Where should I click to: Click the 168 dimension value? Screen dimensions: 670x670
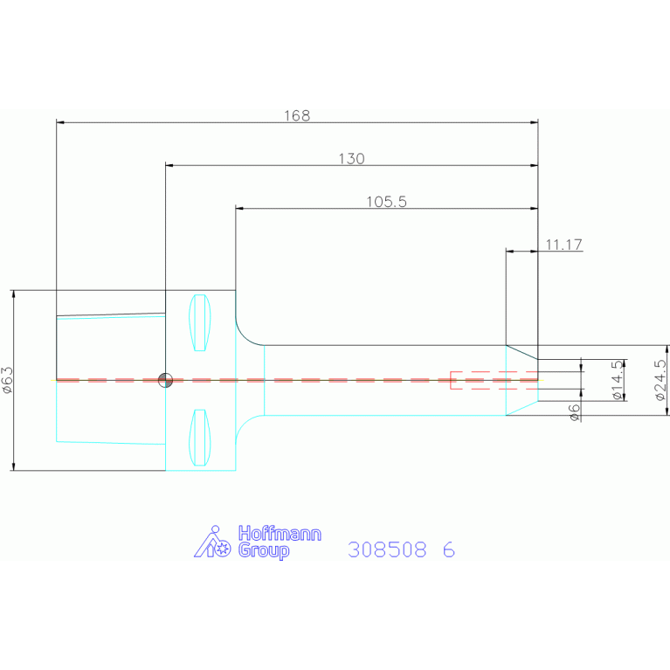(297, 115)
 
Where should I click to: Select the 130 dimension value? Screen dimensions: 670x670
(351, 158)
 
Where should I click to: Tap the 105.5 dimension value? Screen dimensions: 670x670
(386, 202)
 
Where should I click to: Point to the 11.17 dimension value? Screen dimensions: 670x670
(563, 245)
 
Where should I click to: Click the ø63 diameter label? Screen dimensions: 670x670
(8, 380)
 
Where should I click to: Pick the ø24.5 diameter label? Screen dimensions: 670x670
(660, 380)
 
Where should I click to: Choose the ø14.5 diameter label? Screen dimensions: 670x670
(618, 380)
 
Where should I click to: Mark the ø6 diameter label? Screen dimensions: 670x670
(575, 412)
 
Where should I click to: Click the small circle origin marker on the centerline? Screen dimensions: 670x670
(165, 380)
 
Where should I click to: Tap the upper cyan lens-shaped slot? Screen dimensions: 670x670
(199, 322)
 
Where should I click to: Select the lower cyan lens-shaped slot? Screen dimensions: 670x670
(199, 438)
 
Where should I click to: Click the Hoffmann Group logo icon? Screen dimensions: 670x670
(212, 542)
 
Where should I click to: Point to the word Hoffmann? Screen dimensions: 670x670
(280, 533)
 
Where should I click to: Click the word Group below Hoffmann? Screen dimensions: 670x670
(264, 550)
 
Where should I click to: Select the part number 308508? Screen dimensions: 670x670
(387, 549)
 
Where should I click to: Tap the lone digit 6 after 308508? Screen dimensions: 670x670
(449, 549)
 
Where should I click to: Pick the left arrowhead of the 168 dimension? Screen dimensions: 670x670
(60, 122)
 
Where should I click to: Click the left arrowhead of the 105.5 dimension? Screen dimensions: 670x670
(239, 209)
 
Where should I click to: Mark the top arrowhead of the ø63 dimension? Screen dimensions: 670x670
(14, 294)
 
